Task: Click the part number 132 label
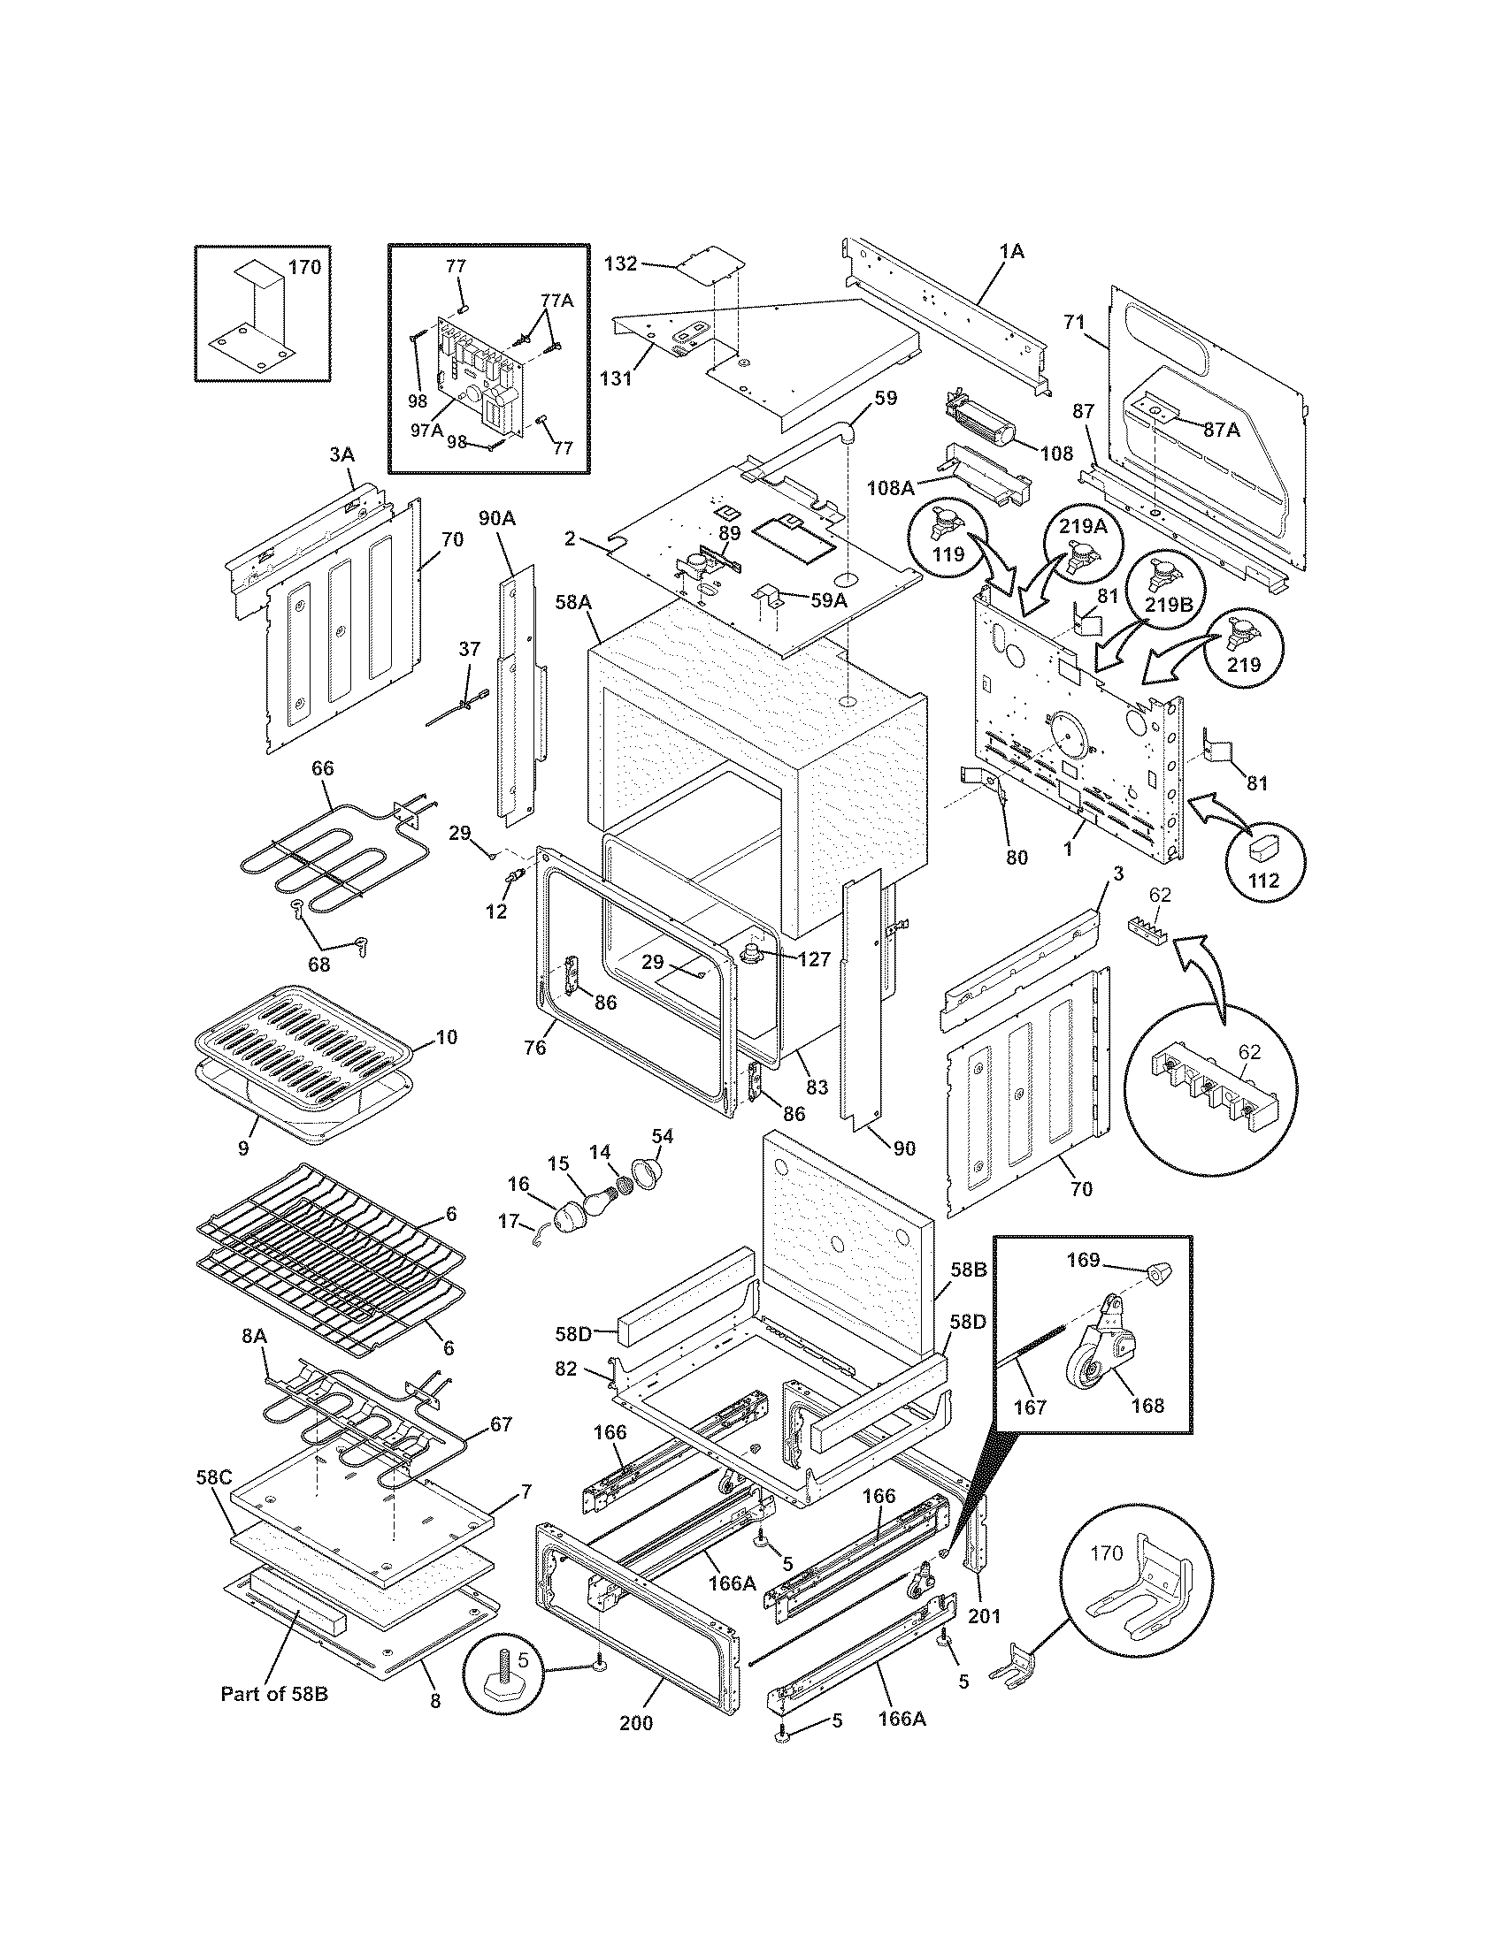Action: pos(621,264)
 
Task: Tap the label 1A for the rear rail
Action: pos(1010,252)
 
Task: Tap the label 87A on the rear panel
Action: pos(1221,430)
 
